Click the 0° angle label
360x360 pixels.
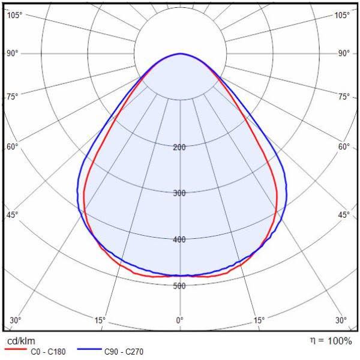pos(180,320)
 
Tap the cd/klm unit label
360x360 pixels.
pos(20,341)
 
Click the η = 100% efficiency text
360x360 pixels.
pos(331,341)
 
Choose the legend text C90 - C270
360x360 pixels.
pos(124,352)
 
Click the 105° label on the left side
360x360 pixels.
pos(14,15)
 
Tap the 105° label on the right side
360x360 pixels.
pos(342,15)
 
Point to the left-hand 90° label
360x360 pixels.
pos(13,53)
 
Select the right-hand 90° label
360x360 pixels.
pos(344,53)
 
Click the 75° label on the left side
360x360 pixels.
pos(13,96)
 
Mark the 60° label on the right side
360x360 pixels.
pos(344,146)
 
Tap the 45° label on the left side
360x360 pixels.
pos(13,215)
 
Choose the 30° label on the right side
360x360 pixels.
pos(341,320)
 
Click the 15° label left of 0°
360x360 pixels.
pos(100,320)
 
